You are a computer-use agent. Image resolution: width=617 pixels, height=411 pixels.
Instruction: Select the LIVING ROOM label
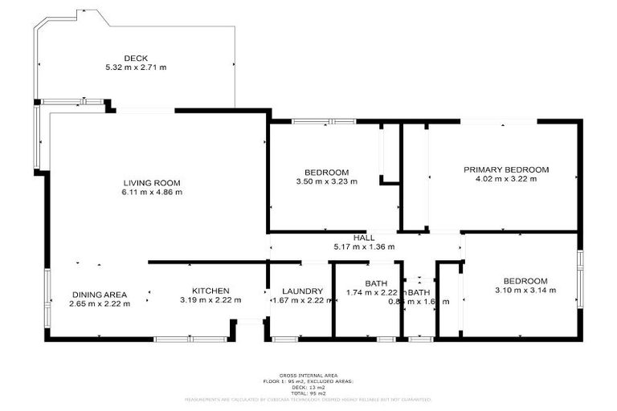pos(152,182)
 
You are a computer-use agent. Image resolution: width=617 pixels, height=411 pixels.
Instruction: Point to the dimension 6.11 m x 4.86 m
pos(152,193)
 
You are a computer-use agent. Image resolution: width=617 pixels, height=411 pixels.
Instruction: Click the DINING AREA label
pos(100,293)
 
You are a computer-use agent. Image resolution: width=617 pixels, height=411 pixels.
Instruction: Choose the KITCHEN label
pos(210,291)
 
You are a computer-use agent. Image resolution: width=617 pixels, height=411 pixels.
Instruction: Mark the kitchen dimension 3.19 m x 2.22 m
pos(210,301)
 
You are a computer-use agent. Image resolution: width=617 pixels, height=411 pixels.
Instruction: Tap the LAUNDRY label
pos(302,291)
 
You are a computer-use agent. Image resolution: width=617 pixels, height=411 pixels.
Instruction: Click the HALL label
pos(365,238)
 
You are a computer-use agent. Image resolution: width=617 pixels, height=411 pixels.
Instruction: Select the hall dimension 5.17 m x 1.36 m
pos(365,248)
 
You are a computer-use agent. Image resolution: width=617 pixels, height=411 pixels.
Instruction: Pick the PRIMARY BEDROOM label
pos(506,169)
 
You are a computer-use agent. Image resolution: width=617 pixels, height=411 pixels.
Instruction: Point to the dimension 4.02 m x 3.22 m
pos(506,179)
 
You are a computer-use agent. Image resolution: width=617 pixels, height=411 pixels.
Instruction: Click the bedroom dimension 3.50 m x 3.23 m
pos(326,182)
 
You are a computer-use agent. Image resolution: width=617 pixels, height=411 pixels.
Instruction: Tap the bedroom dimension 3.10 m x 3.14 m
pos(525,291)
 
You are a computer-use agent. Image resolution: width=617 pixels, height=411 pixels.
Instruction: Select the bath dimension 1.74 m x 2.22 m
pos(374,293)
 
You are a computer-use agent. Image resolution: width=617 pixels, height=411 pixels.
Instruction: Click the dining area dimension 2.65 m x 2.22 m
pos(100,303)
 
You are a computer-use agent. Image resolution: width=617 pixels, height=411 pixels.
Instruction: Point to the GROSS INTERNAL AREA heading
pos(308,376)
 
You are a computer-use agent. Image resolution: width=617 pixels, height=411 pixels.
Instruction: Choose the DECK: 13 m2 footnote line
pos(308,387)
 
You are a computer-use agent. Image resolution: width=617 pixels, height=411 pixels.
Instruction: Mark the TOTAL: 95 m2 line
pos(308,393)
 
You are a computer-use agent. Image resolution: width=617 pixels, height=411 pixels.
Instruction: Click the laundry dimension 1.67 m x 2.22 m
pos(302,301)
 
